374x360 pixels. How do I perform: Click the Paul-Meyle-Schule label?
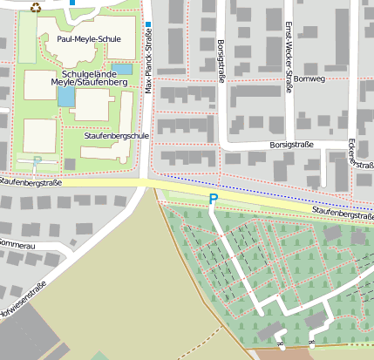(x=88, y=39)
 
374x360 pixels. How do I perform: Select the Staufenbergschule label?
(x=117, y=136)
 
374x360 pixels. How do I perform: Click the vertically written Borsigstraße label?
(x=221, y=61)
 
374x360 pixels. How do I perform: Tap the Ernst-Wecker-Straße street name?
(x=289, y=38)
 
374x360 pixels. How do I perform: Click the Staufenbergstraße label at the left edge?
(x=31, y=181)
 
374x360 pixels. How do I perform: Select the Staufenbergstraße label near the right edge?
(x=343, y=214)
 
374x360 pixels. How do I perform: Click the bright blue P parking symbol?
(x=213, y=200)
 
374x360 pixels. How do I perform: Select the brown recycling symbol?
(x=36, y=7)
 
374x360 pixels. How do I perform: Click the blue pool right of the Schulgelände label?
(x=123, y=68)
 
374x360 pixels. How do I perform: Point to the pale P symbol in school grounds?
(x=37, y=160)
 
